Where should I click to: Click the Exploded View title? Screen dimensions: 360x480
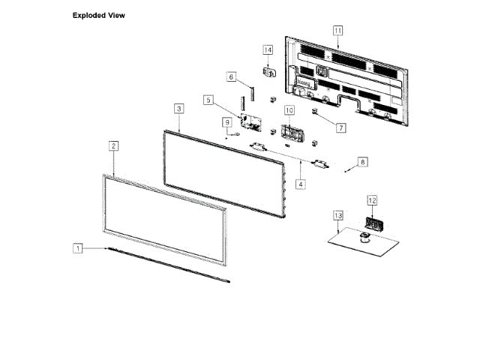[x=99, y=15]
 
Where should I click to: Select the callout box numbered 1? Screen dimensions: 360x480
[x=76, y=247]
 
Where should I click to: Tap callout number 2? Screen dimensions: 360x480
[x=113, y=145]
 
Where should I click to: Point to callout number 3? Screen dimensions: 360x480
[x=178, y=109]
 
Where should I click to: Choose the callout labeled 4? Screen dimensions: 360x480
[x=301, y=183]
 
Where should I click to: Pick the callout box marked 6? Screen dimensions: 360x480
[x=232, y=76]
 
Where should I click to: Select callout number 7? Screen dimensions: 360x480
[x=340, y=127]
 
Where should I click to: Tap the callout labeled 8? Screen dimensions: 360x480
[x=362, y=161]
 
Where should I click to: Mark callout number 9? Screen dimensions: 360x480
[x=226, y=121]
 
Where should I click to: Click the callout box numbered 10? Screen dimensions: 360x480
[x=289, y=110]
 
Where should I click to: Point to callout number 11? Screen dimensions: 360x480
[x=337, y=30]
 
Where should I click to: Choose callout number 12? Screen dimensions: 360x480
[x=372, y=200]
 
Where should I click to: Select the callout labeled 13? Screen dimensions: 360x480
[x=337, y=216]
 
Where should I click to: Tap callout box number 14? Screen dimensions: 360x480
[x=268, y=49]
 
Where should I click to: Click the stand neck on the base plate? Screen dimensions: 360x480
[x=364, y=238]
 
